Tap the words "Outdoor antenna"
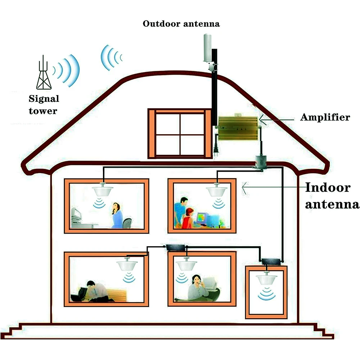point(181,24)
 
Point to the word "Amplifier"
point(325,117)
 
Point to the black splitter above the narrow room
point(270,261)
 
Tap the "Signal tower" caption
point(44,105)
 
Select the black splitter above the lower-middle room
point(175,247)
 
